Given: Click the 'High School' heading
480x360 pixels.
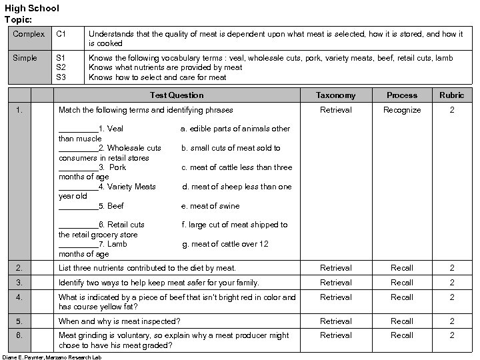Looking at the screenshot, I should coord(32,8).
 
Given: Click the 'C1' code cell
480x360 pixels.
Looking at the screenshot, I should coord(61,33).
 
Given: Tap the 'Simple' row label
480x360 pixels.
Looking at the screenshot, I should coord(25,58).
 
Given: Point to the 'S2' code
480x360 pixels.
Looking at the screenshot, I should coord(61,67).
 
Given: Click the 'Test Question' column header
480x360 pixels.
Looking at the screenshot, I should coord(177,95).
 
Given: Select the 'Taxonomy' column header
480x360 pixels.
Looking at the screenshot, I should coord(335,95).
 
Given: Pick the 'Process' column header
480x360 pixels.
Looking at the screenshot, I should coord(402,95).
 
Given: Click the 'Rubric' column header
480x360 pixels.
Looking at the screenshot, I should coord(451,95).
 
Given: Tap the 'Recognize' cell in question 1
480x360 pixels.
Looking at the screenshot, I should coord(402,110).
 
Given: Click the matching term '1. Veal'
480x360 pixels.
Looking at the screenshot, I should coord(110,129).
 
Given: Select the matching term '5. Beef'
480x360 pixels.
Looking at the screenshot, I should coord(111,206).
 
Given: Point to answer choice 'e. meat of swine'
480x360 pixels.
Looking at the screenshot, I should coord(210,206).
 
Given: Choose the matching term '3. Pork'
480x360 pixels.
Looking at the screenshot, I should coord(112,167).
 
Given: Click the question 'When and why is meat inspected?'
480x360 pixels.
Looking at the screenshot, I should coord(119,321).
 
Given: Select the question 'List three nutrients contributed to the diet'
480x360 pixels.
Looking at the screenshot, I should coord(147,268).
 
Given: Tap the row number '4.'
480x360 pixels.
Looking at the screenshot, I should coord(19,297).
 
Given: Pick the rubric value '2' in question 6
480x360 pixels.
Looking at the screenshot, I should coord(451,335).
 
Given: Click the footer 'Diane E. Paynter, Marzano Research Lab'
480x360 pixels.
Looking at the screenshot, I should coord(51,357).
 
